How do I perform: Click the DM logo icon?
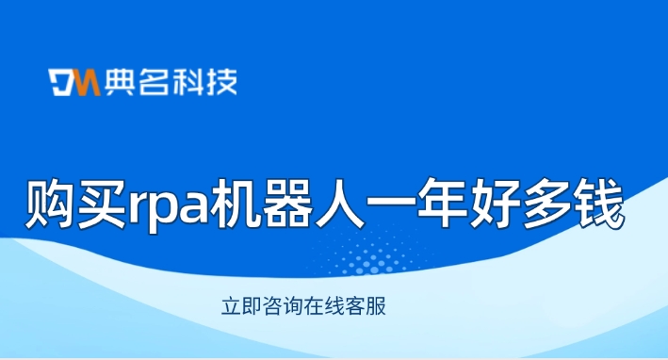pos(74,82)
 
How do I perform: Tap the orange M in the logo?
pos(89,82)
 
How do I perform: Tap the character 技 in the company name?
pos(221,82)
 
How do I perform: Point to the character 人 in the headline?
pos(339,204)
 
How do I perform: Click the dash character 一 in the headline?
pos(391,202)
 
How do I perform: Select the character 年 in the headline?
pos(442,204)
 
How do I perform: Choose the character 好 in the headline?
pos(495,204)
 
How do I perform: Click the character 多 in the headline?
pos(546,204)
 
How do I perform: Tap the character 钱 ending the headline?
pos(598,204)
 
